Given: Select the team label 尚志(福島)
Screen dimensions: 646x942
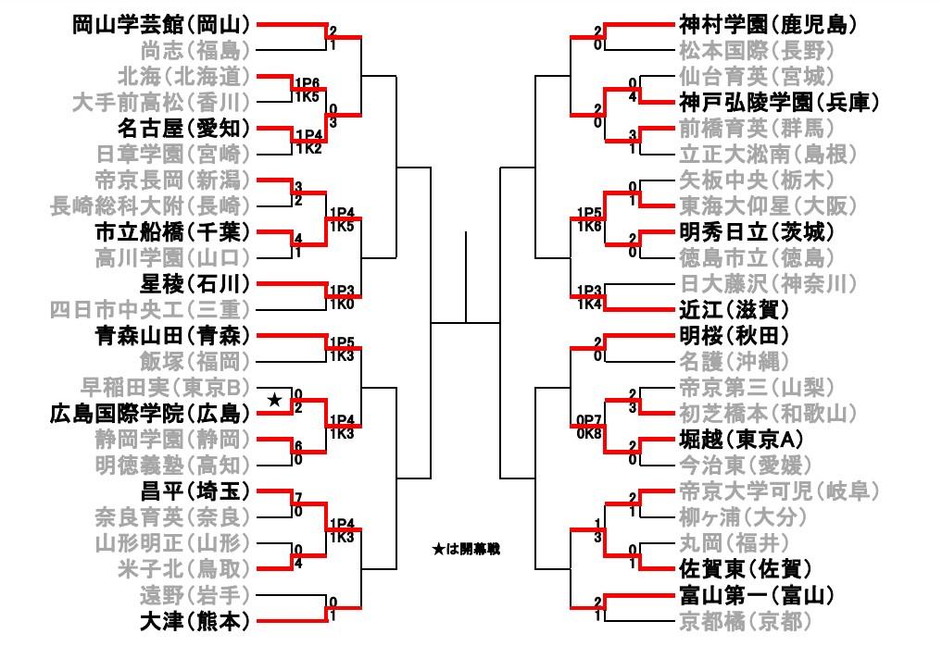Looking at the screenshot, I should click(195, 49).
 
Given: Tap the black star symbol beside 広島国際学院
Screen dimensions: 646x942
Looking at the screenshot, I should click(274, 400).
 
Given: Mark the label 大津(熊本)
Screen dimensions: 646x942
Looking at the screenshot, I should click(195, 620).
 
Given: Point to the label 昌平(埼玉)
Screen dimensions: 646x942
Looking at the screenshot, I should click(195, 490).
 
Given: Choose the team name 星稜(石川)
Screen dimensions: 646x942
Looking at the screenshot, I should click(195, 282).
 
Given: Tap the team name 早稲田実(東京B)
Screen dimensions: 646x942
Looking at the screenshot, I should click(172, 386).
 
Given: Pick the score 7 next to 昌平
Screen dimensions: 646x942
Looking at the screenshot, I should click(297, 498).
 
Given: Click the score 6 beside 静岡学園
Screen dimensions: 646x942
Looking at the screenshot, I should click(297, 446).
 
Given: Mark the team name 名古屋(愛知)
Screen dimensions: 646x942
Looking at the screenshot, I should click(184, 127).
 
